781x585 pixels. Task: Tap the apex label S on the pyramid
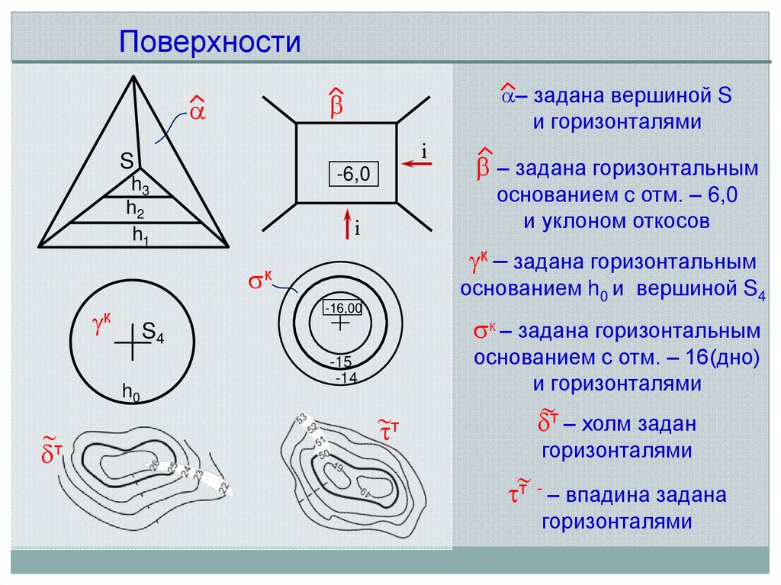[x=127, y=160]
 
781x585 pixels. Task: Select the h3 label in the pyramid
[x=140, y=185]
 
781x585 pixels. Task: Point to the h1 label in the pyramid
[x=140, y=236]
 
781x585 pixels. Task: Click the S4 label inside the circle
[x=153, y=333]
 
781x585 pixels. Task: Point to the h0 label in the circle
[x=131, y=391]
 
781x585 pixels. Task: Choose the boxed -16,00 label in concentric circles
[x=342, y=307]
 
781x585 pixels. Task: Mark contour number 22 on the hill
[x=223, y=489]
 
